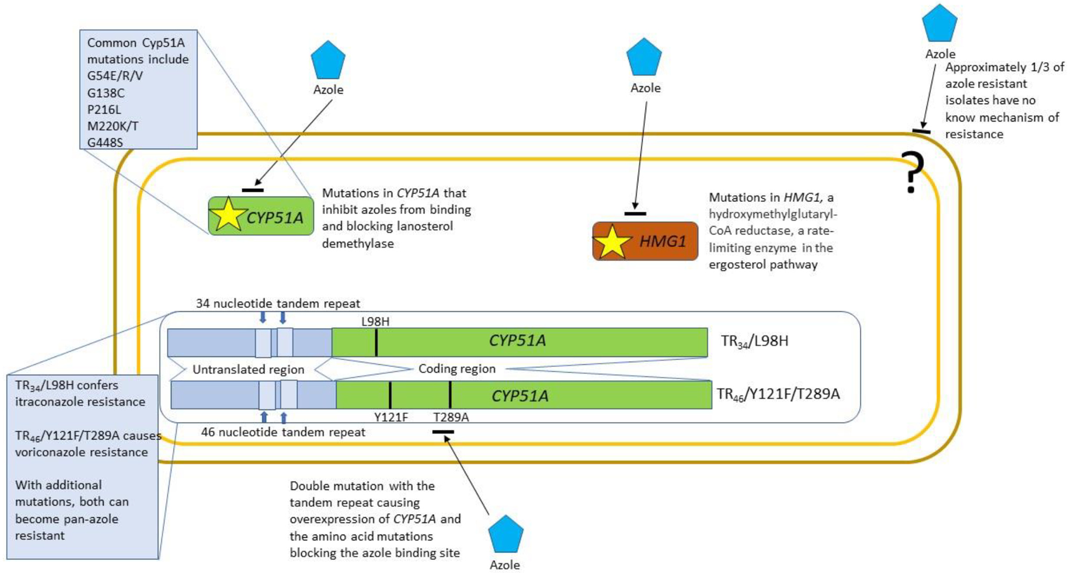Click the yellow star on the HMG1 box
point(612,243)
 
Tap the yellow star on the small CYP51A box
point(228,215)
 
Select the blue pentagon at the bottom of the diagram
point(506,535)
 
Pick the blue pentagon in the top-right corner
point(939,24)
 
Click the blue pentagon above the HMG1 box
point(644,57)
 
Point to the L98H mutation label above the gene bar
point(375,321)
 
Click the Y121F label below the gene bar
point(391,417)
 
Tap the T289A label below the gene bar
point(451,417)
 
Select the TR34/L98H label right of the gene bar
point(754,341)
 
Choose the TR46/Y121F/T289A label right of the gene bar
point(778,394)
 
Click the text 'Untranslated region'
point(248,370)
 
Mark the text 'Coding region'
point(457,369)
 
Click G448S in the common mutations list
point(105,143)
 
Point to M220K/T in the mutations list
point(112,126)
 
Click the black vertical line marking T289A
point(450,395)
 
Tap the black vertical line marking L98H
point(376,342)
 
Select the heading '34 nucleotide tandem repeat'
point(278,304)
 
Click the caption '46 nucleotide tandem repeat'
point(283,433)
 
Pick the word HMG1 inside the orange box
point(662,242)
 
